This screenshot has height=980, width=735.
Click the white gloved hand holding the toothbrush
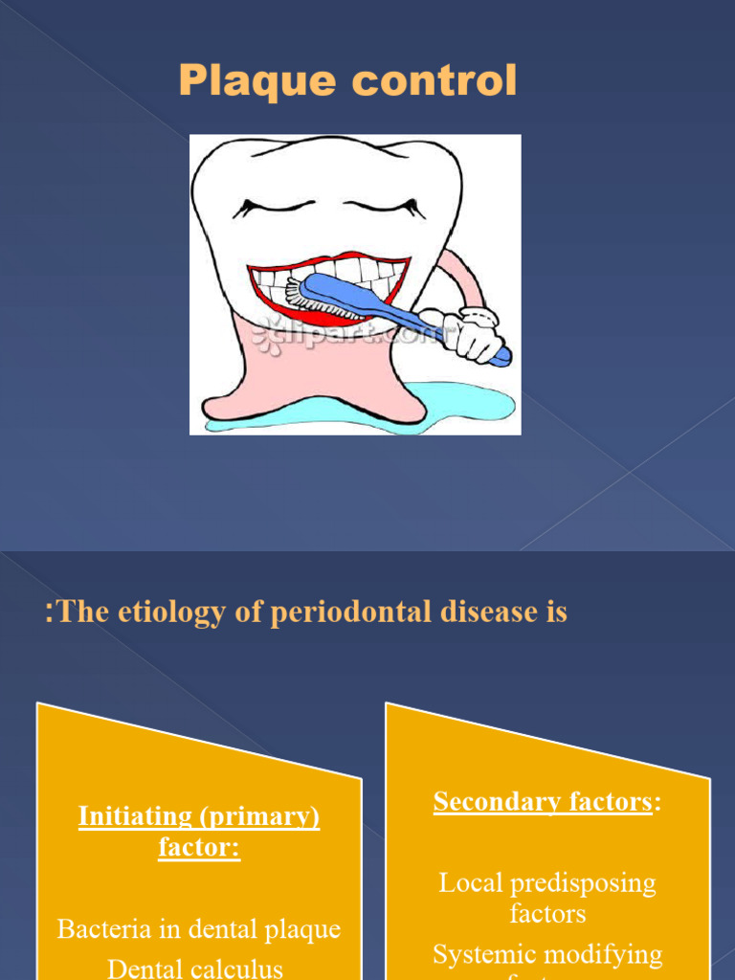pos(469,333)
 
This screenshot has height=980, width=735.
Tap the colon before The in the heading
pos(49,613)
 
